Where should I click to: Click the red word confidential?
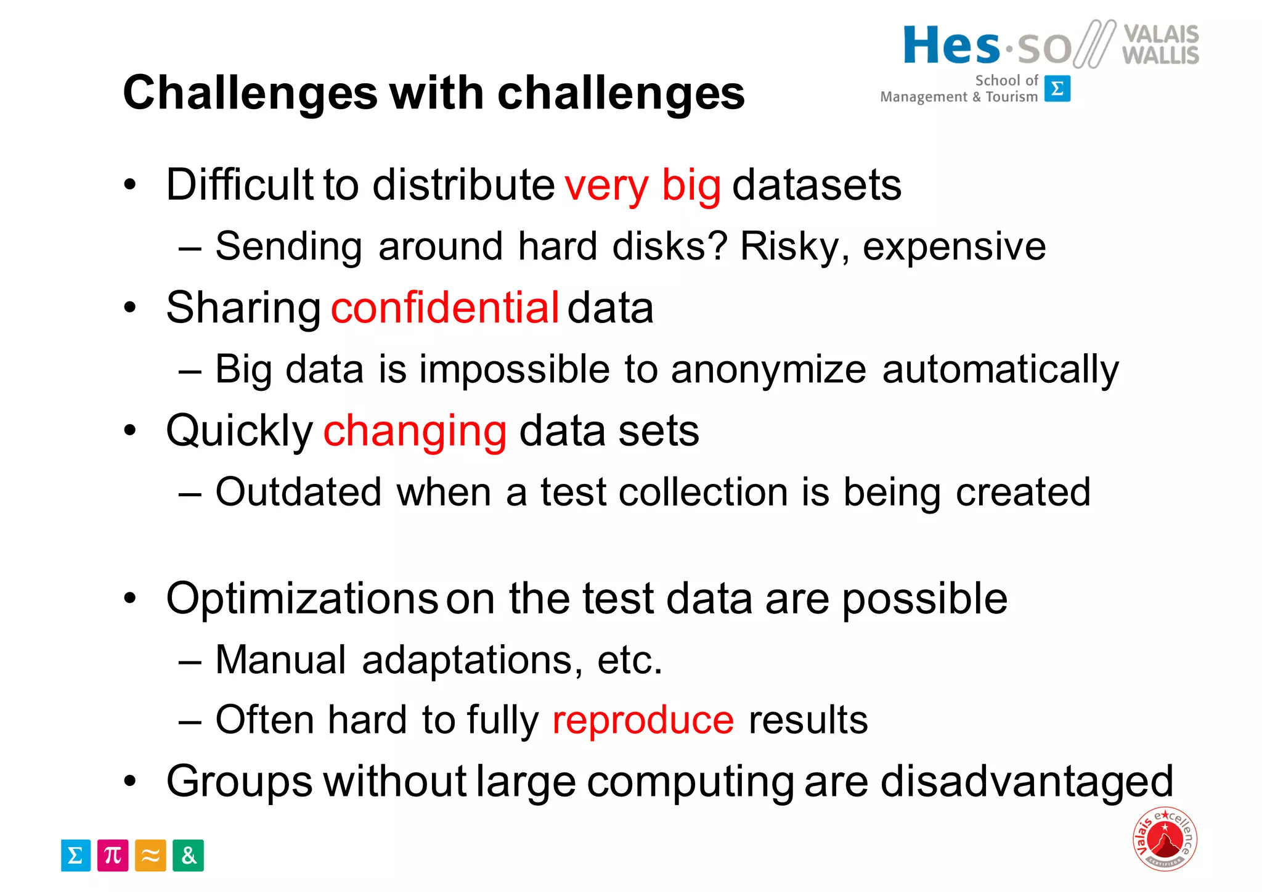[444, 308]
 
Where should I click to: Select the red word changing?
[415, 431]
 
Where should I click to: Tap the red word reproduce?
[643, 720]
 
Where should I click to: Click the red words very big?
[642, 185]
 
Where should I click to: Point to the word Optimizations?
[302, 599]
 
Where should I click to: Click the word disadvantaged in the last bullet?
[1027, 782]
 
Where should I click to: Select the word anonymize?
[768, 370]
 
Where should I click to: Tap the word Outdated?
[298, 492]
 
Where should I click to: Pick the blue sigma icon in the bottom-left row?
[76, 856]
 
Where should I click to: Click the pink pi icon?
[113, 856]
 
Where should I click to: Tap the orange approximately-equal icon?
[150, 856]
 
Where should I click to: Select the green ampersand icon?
[188, 856]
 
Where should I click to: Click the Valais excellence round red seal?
[1165, 839]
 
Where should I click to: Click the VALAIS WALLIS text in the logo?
[1160, 45]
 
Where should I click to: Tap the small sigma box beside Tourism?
[1057, 89]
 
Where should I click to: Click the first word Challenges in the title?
[250, 93]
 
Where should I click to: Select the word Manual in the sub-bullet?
[280, 660]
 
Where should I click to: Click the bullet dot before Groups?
[129, 782]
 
